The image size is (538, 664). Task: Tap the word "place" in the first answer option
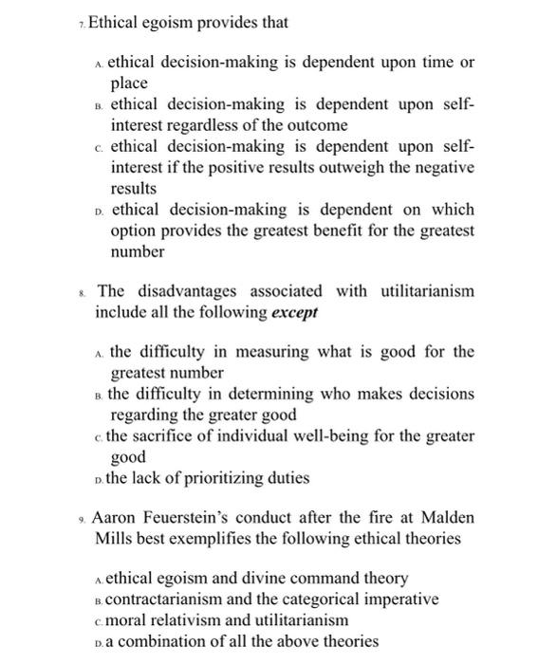[x=129, y=83]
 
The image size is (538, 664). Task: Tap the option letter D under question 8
[x=101, y=479]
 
